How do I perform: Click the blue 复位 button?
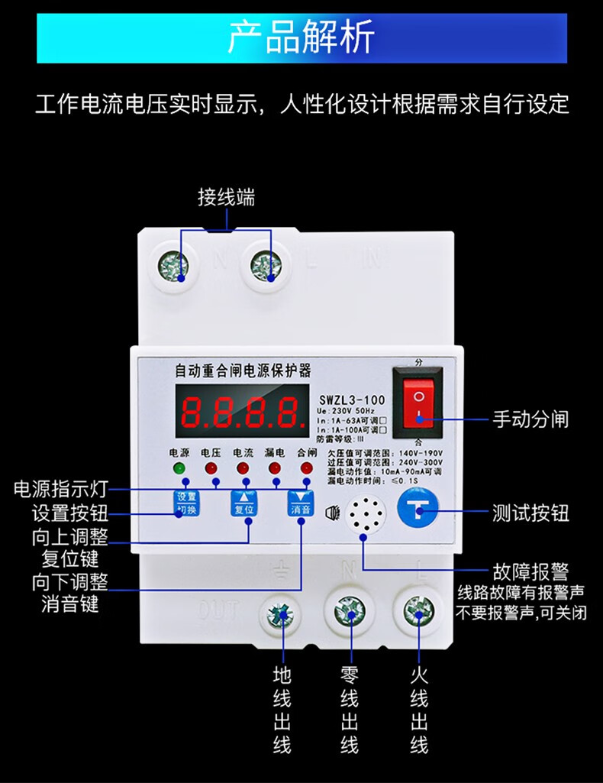coord(246,504)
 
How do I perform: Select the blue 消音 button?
coord(300,504)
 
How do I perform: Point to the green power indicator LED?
coord(180,468)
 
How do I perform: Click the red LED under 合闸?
coord(306,468)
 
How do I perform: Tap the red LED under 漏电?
coord(275,468)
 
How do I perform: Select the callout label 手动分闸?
coord(530,419)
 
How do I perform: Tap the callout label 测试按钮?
coord(530,513)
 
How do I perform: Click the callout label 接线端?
coord(226,199)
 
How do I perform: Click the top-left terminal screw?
coord(173,267)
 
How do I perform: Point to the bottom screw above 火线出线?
coord(418,611)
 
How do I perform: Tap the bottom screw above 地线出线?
coord(281,615)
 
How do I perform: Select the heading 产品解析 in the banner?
coord(301,37)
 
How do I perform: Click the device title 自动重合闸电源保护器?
coord(243,372)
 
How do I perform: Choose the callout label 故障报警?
coord(530,571)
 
